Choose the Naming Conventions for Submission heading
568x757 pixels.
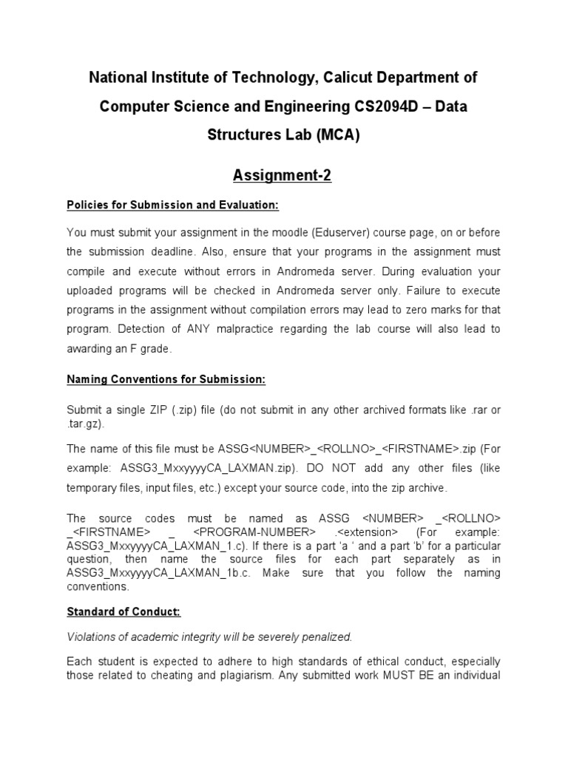166,379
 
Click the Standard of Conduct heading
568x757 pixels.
124,613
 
